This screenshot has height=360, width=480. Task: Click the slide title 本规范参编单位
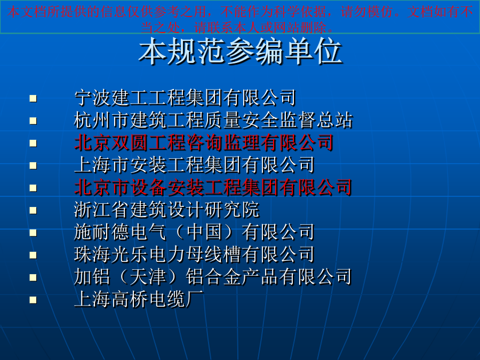click(x=241, y=51)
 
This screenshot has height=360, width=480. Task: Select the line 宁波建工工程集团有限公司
click(x=185, y=98)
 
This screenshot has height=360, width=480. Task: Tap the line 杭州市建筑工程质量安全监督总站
click(x=213, y=120)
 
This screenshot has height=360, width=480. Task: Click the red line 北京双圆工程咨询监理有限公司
click(x=204, y=142)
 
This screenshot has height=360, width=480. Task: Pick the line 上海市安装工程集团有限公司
click(x=194, y=165)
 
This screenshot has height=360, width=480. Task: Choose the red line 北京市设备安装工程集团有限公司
click(x=213, y=187)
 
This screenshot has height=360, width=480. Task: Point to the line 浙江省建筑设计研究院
click(x=167, y=210)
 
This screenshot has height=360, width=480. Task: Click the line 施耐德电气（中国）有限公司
click(x=194, y=232)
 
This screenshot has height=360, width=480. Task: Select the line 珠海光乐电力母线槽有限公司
click(x=194, y=254)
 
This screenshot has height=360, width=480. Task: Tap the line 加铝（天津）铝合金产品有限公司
click(x=213, y=277)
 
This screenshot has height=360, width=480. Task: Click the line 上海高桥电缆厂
click(x=139, y=299)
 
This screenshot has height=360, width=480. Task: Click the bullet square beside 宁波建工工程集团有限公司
click(x=33, y=98)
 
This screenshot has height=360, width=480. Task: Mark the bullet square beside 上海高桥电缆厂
click(x=33, y=300)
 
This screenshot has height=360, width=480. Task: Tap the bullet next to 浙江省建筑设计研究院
click(x=33, y=210)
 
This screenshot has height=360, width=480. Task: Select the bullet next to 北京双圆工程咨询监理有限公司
click(x=33, y=143)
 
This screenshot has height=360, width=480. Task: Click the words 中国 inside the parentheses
click(x=204, y=232)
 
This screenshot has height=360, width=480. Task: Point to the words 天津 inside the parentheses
click(x=148, y=277)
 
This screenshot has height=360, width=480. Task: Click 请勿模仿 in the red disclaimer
click(x=367, y=12)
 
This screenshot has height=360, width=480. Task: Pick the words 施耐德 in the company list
click(x=102, y=232)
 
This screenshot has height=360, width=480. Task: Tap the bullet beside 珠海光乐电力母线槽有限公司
click(x=33, y=255)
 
